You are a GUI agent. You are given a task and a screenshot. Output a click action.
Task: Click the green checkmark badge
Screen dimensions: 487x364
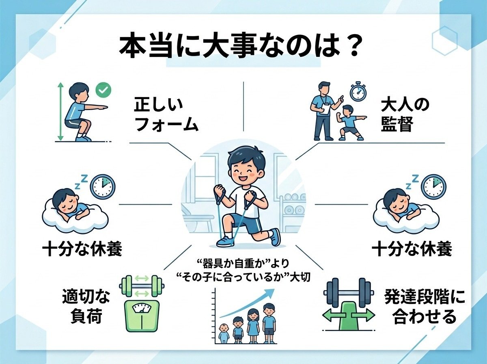103,90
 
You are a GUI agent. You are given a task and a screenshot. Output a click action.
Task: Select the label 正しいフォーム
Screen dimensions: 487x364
166,115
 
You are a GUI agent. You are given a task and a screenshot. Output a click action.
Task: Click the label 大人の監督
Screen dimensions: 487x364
405,115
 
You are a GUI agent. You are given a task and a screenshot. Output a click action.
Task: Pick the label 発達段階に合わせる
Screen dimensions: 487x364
425,309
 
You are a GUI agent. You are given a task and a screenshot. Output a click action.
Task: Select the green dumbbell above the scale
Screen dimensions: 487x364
142,286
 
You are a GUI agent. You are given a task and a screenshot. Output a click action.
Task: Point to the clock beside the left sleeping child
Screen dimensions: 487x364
103,187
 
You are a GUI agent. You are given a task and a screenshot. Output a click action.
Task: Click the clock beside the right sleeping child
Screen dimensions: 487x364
434,187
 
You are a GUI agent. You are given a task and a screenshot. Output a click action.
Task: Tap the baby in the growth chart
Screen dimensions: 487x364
224,334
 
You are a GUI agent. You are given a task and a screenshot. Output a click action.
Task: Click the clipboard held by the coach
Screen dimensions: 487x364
325,109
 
